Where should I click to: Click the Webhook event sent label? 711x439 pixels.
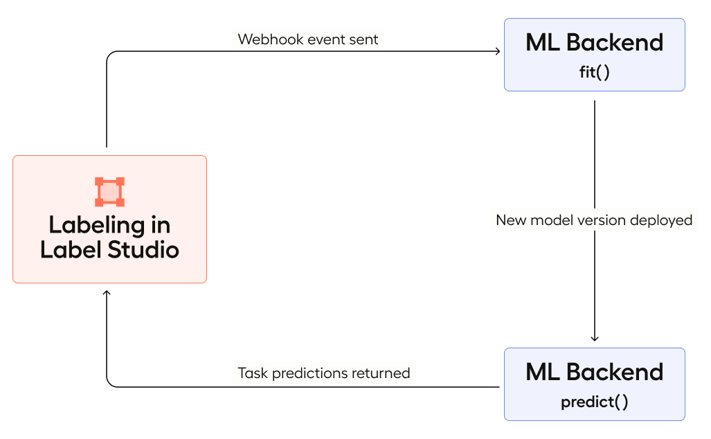(307, 39)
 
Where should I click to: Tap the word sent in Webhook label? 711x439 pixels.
(364, 39)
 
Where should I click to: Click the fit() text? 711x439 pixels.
(594, 72)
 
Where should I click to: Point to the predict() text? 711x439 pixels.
(594, 402)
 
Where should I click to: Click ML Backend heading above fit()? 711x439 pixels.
(594, 42)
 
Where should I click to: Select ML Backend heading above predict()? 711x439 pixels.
(594, 372)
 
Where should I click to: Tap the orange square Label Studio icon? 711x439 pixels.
(109, 192)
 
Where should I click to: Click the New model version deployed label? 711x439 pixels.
(594, 220)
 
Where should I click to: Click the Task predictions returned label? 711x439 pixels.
(323, 373)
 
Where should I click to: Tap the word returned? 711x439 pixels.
(381, 373)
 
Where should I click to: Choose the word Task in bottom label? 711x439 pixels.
(253, 373)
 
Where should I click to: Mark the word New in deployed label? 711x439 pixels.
(511, 220)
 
